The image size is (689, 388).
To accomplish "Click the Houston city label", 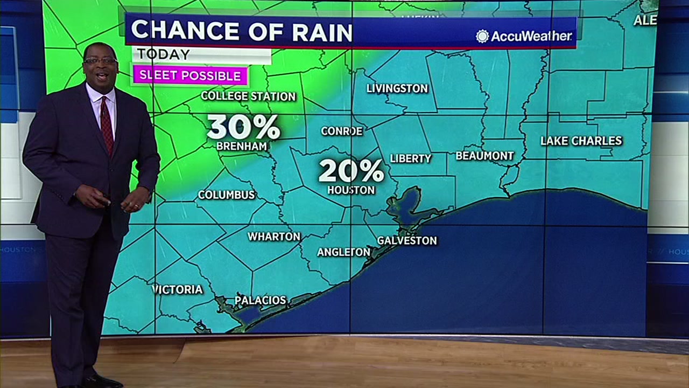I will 351,190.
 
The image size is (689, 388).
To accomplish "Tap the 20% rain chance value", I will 351,171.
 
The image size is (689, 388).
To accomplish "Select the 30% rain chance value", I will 243,127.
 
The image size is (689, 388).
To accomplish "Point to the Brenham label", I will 242,146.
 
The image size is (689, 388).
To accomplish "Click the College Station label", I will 248,96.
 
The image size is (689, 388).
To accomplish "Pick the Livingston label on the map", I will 397,88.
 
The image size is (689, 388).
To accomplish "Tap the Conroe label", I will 342,131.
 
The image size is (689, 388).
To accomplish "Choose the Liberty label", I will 411,158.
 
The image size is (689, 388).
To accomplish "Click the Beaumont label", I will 485,156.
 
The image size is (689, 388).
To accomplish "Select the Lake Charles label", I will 581,141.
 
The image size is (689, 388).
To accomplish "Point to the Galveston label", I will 407,240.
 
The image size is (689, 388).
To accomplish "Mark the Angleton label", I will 343,252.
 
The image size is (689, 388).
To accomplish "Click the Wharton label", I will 274,237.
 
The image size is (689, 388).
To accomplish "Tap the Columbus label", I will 227,195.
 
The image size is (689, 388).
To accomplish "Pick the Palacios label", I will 261,301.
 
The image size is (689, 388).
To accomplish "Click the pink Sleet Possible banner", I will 190,76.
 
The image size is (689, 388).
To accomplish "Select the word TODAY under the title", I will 163,54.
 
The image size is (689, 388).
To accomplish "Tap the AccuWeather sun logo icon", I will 482,36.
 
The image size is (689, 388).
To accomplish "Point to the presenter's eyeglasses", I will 101,61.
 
